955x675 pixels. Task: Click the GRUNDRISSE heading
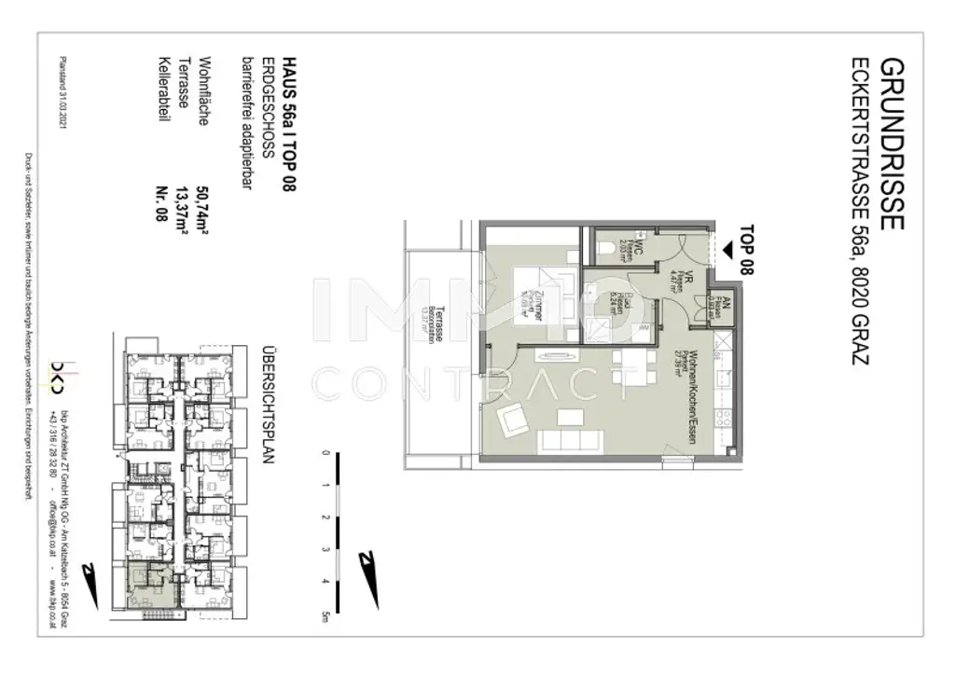click(893, 145)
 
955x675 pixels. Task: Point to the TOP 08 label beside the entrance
click(745, 251)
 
